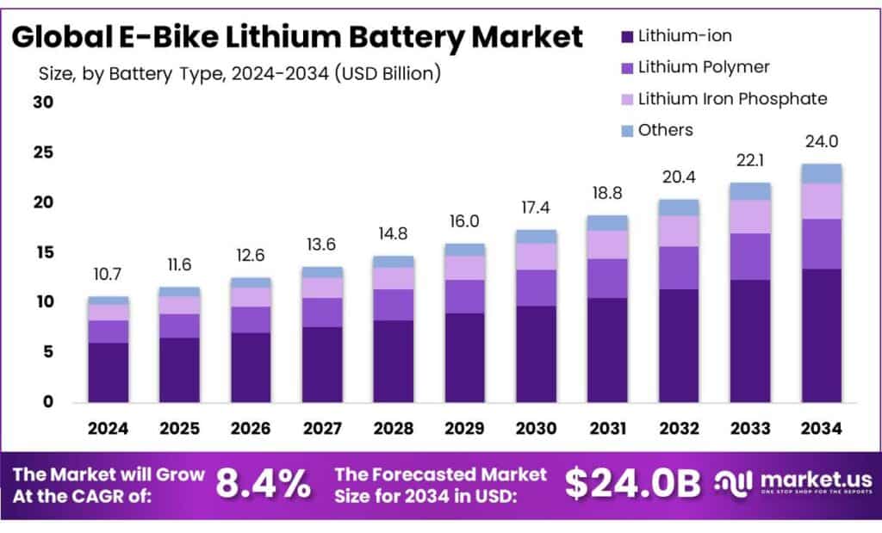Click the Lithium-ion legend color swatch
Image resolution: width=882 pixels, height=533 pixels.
click(625, 36)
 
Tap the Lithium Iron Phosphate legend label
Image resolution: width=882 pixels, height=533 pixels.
click(732, 99)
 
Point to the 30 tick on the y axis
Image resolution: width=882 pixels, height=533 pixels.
click(43, 102)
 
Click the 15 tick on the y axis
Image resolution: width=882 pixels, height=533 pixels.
click(43, 252)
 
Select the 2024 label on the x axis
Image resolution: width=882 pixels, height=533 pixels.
click(108, 428)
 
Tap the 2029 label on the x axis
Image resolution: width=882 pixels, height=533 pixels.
click(464, 428)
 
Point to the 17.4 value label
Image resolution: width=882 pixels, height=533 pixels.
click(536, 208)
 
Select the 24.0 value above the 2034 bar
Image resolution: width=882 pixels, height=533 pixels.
click(821, 142)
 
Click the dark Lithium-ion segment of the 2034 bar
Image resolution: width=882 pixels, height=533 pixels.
click(821, 336)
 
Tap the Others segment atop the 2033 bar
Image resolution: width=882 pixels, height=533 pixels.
click(749, 191)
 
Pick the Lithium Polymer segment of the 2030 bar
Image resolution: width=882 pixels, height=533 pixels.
click(536, 288)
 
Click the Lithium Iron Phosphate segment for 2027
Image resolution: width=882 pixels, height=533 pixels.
click(322, 288)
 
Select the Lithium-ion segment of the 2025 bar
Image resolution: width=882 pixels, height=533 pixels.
click(179, 370)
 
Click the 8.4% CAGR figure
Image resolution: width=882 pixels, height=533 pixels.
click(264, 484)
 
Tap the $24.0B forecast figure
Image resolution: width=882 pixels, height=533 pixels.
click(632, 484)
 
